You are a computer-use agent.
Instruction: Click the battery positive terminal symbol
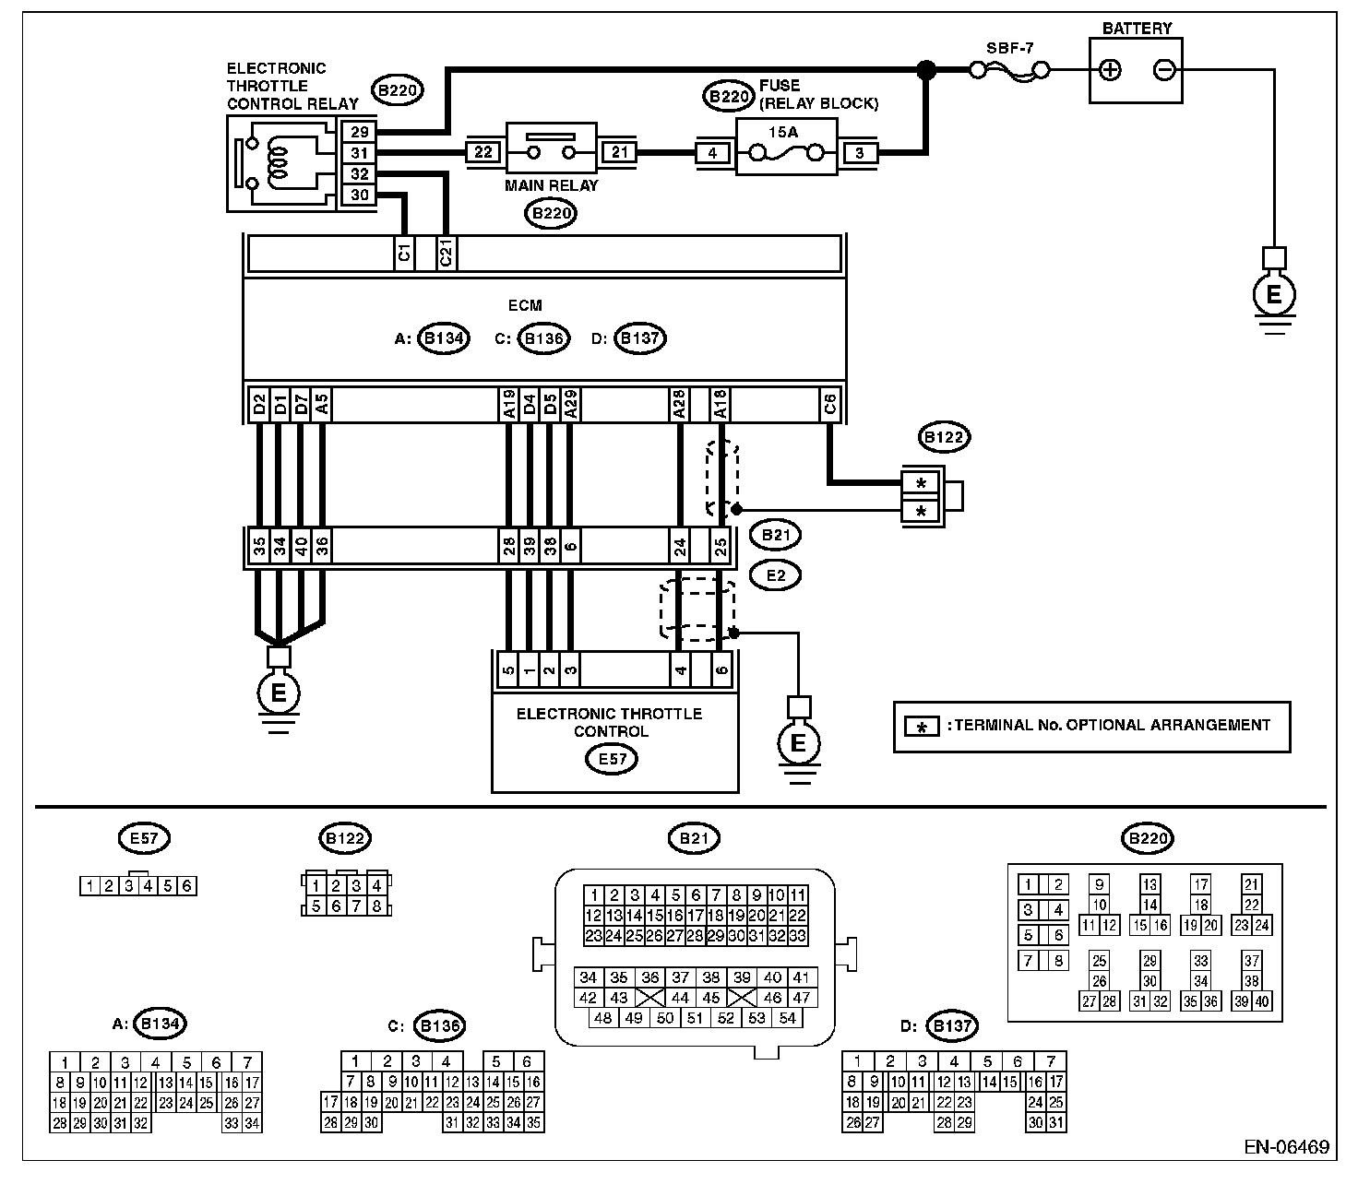coord(1110,70)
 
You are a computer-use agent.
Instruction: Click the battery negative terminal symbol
coord(1164,70)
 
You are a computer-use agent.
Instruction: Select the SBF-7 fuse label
coord(1009,48)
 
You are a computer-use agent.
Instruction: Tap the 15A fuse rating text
coord(783,132)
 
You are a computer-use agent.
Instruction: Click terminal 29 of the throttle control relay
coord(359,131)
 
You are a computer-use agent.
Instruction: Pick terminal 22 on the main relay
coord(483,152)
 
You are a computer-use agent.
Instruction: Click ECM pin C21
coord(446,253)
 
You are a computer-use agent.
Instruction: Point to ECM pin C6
coord(829,404)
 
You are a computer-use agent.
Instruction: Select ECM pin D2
coord(259,404)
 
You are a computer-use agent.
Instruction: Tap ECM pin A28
coord(678,404)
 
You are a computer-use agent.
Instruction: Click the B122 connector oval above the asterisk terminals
coord(944,437)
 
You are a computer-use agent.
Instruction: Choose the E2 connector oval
coord(775,575)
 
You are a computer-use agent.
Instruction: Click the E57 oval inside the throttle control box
coord(612,759)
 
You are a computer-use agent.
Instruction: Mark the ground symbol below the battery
coord(1274,294)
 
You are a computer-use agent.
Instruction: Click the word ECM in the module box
coord(525,306)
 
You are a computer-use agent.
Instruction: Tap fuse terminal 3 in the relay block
coord(860,153)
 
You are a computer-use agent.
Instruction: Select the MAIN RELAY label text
coord(552,185)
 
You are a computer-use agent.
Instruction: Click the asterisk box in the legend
coord(922,727)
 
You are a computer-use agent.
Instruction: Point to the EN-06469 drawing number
coord(1286,1147)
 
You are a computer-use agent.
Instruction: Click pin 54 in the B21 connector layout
coord(787,1018)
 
